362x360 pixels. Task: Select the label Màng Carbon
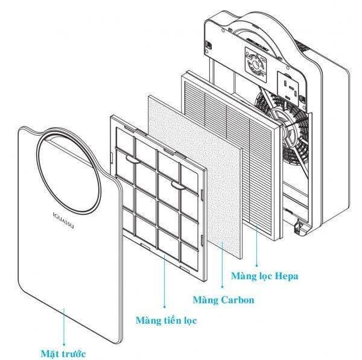(223, 300)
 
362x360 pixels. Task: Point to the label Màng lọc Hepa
(265, 277)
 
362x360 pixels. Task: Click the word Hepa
(286, 277)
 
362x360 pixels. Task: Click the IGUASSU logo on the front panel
(61, 215)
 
